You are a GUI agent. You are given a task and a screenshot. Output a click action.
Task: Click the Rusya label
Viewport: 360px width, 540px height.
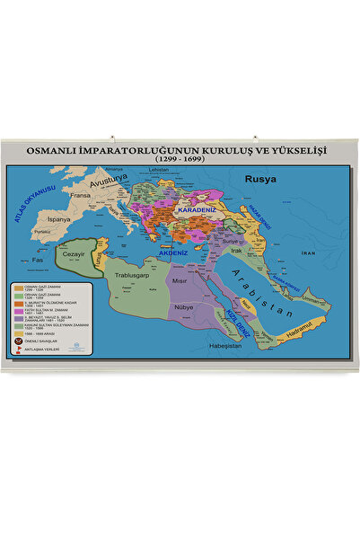tap(261, 178)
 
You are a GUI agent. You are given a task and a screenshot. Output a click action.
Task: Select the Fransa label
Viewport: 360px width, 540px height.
tap(82, 195)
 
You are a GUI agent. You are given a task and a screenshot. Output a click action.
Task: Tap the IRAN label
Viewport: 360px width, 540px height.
tap(310, 254)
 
